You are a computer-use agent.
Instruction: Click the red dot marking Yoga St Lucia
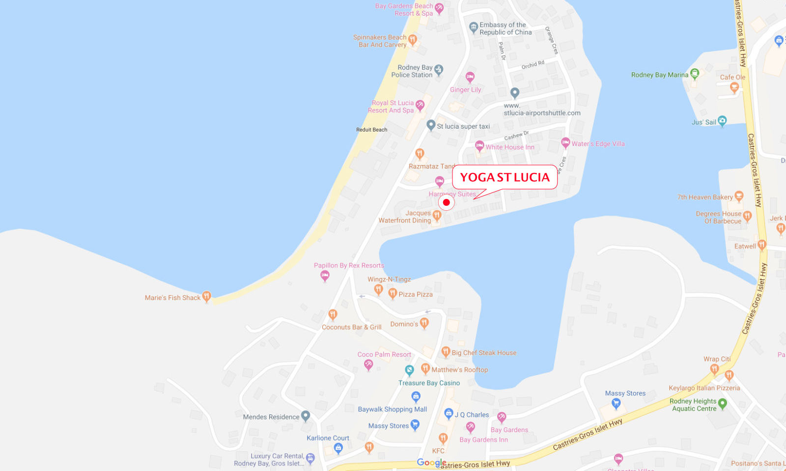coord(446,202)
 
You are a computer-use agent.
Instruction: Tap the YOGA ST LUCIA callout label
coord(505,177)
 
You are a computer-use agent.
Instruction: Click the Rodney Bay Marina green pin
coord(694,74)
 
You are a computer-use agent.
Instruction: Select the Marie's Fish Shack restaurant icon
coord(207,296)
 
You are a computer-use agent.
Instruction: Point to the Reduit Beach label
coord(371,130)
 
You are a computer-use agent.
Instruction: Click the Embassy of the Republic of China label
coord(505,28)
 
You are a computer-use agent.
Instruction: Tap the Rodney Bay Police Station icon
coord(439,70)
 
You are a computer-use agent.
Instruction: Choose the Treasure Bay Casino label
coord(429,383)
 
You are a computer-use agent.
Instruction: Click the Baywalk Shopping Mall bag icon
coord(416,396)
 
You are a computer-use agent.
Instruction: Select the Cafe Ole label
coord(732,77)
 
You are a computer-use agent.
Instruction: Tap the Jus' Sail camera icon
coord(722,120)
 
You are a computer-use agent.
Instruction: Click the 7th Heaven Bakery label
coord(705,197)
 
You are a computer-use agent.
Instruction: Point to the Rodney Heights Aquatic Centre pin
coord(722,404)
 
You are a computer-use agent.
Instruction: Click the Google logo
coord(431,462)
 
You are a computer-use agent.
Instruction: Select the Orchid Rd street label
coord(533,65)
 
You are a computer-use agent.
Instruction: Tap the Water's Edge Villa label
coord(598,144)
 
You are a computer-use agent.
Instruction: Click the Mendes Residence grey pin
coord(306,416)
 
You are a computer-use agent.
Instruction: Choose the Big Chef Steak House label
coord(484,353)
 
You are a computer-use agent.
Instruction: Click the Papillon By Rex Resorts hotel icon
coord(325,276)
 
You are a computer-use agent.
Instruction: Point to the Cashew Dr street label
coord(516,136)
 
